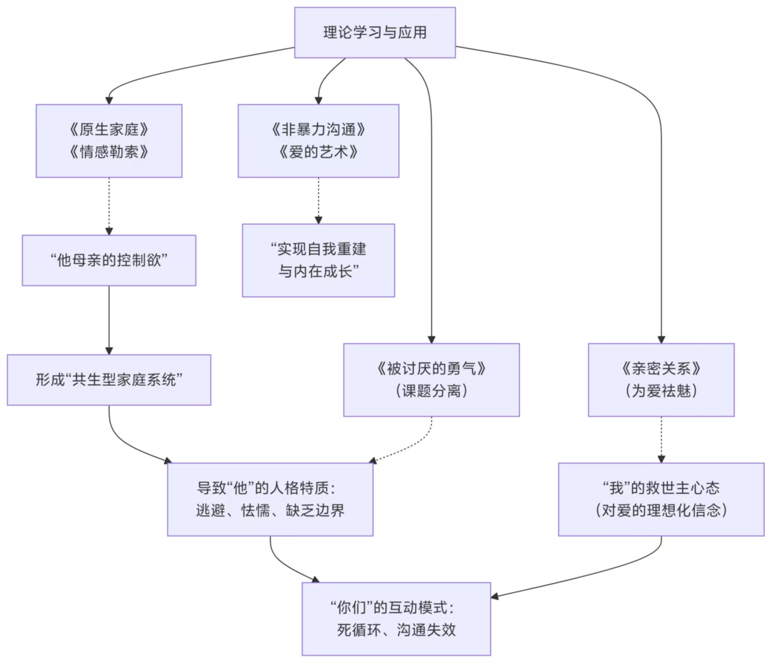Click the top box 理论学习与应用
(x=375, y=33)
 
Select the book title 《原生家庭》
(x=109, y=129)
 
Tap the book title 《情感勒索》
(x=109, y=152)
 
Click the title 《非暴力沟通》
(x=318, y=129)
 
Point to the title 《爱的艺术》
(x=318, y=152)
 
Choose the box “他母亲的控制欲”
(x=109, y=260)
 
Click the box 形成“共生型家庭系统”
(x=109, y=380)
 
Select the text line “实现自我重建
(x=318, y=249)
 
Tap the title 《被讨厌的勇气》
(x=431, y=369)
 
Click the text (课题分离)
(x=431, y=391)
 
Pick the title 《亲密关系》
(x=661, y=369)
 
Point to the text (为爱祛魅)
(x=661, y=391)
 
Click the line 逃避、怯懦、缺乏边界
(x=270, y=511)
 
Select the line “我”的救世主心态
(x=661, y=488)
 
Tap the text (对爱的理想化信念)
(x=661, y=511)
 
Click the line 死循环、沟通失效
(x=396, y=630)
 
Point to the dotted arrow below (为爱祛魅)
(x=661, y=439)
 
